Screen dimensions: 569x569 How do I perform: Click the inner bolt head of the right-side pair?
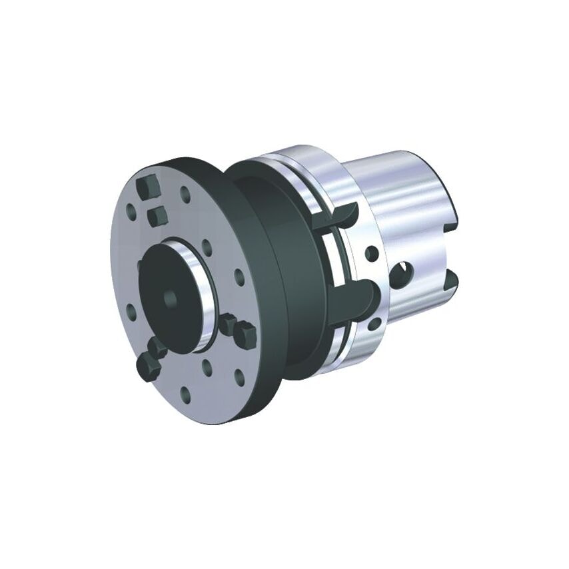point(230,324)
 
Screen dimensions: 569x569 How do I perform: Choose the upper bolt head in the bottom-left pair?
point(159,346)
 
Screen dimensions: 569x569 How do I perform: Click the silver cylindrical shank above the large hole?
point(400,200)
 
